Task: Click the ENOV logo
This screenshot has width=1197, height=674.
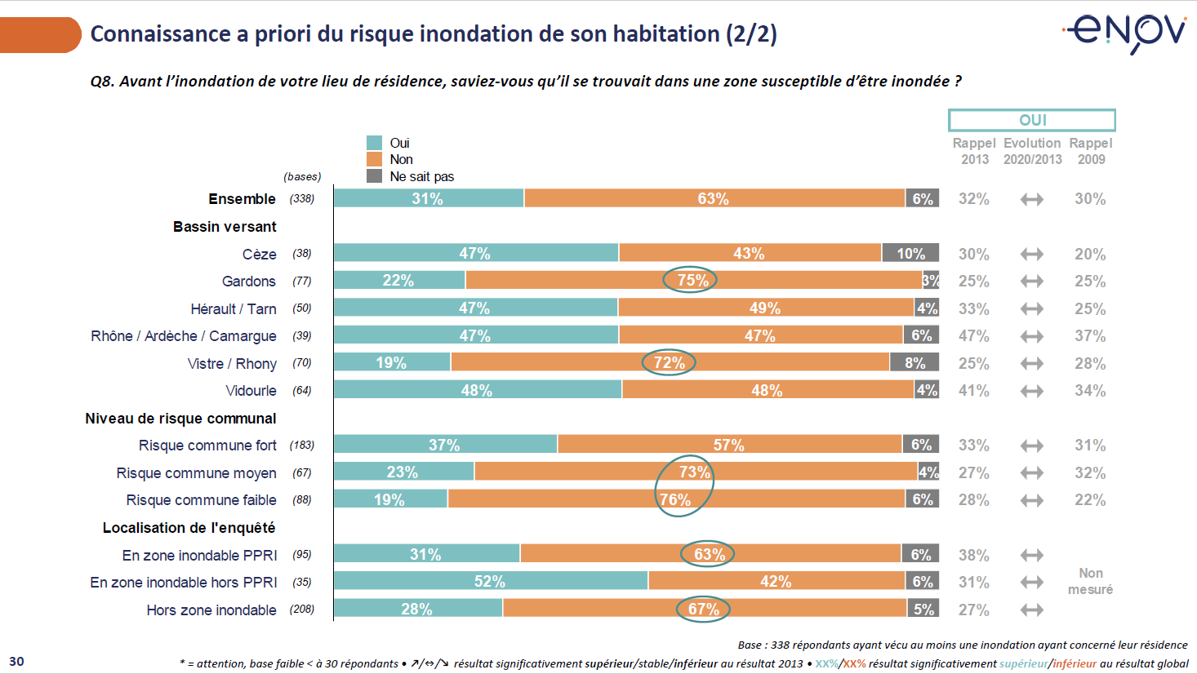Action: (1125, 33)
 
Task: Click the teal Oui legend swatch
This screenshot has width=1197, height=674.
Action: (375, 143)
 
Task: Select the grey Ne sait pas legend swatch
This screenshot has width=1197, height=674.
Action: (375, 176)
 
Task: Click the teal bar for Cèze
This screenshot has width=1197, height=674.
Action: (476, 253)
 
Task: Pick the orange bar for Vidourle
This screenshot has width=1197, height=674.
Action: (768, 390)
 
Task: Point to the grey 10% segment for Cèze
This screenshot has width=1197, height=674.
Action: (910, 253)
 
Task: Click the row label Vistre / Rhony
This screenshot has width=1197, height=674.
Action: (232, 363)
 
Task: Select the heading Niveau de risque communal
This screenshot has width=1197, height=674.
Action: (180, 419)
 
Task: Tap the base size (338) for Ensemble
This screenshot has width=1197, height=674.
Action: (302, 198)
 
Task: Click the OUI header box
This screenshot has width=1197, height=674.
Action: (1032, 120)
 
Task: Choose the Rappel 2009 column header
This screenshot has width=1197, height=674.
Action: (1091, 151)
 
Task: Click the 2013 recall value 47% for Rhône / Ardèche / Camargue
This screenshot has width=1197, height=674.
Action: (973, 335)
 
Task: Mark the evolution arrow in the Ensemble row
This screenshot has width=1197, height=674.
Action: (1032, 199)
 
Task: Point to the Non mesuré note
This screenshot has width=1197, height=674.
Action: (1091, 581)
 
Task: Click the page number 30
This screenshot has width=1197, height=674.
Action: (16, 661)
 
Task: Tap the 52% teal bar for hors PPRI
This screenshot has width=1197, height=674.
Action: (490, 581)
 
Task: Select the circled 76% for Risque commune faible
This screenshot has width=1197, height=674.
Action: (675, 499)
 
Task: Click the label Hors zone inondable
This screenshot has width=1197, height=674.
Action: (211, 610)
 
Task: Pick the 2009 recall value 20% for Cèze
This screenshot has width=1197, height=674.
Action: (1090, 254)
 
